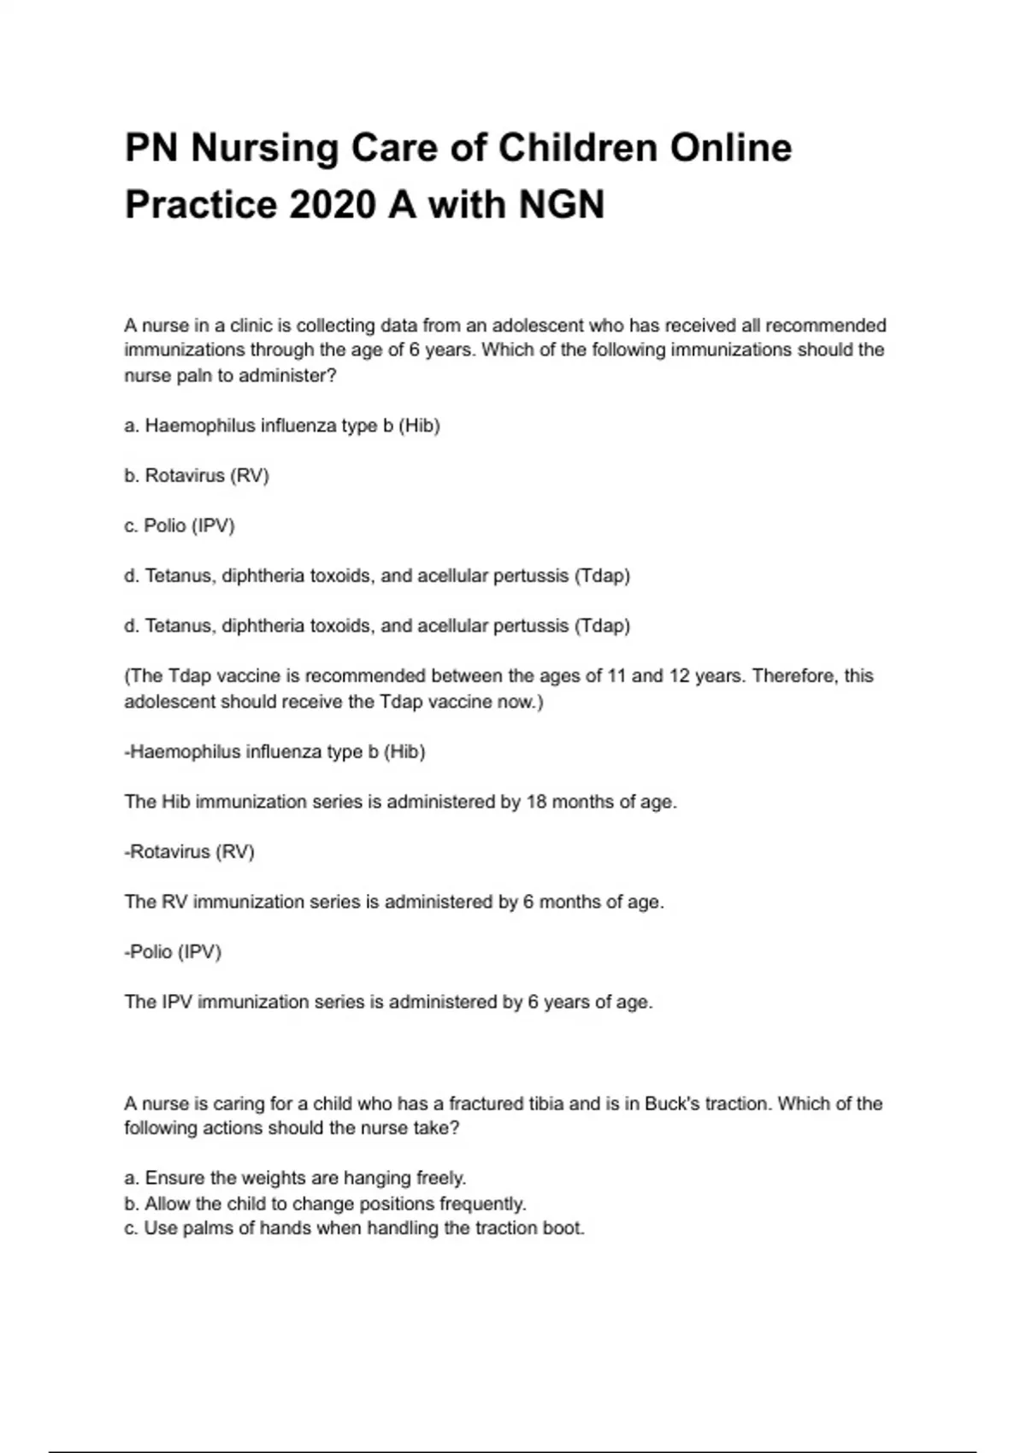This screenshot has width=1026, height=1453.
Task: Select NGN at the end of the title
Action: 562,205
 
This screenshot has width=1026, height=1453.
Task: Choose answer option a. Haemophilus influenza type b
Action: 282,426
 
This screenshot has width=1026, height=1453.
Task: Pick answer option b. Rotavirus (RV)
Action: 197,475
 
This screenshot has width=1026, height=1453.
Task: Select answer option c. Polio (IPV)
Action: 180,526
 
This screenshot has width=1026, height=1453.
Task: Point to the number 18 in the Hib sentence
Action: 536,802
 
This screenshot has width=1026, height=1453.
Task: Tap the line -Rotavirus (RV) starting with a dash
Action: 190,851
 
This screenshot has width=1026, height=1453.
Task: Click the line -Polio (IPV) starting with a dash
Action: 173,951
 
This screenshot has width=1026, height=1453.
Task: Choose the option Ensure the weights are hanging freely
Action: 296,1178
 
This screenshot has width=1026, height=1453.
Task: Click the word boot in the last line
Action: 565,1228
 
